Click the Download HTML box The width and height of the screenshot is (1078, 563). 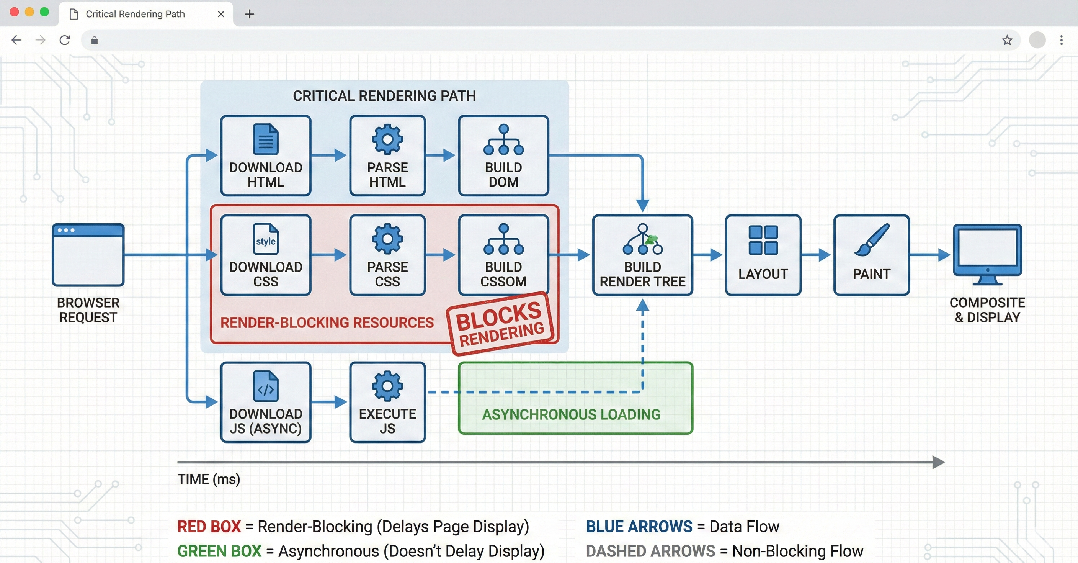[266, 156]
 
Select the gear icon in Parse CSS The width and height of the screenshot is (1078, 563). [387, 239]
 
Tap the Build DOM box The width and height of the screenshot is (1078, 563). [503, 156]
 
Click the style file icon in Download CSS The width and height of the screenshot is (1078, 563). [266, 239]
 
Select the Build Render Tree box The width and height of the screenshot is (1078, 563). [642, 255]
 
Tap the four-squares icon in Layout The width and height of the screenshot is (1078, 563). [763, 240]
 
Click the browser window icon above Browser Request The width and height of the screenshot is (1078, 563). [88, 255]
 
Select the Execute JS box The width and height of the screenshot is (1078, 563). [387, 402]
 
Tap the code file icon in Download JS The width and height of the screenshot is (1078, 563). [266, 386]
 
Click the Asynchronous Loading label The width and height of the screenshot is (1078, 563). [571, 414]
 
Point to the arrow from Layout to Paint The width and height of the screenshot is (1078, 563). [817, 255]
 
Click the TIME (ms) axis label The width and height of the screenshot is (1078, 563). [209, 479]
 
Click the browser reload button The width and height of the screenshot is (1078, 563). [65, 40]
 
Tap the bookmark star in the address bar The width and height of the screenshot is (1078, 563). [1007, 40]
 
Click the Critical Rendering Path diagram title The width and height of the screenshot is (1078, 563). [384, 96]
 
